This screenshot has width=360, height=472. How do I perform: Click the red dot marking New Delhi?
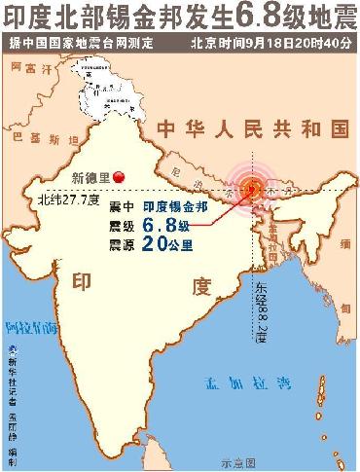tap(119, 175)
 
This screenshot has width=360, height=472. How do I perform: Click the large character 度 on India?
tap(201, 286)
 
